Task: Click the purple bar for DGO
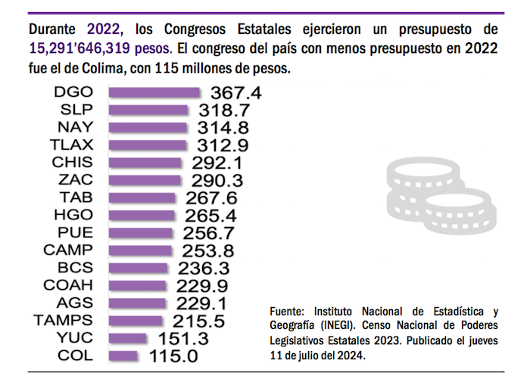coord(154,92)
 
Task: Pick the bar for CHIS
coord(145,162)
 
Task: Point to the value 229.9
coord(201,285)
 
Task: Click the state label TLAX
coord(73,144)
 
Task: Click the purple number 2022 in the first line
coord(103,30)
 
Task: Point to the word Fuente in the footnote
coord(286,311)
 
